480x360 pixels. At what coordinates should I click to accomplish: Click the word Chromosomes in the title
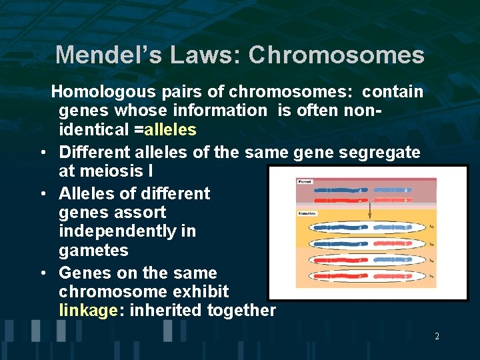336,55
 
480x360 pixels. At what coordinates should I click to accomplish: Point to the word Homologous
103,91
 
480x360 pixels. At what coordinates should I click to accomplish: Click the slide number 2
437,337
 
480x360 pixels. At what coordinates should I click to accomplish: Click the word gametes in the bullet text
93,251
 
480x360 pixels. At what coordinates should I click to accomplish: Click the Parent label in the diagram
305,181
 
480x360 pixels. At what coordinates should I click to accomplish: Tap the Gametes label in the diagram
307,214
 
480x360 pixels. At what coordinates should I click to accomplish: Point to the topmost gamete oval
363,227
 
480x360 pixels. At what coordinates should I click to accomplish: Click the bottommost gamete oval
363,275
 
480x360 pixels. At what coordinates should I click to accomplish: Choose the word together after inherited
242,310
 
